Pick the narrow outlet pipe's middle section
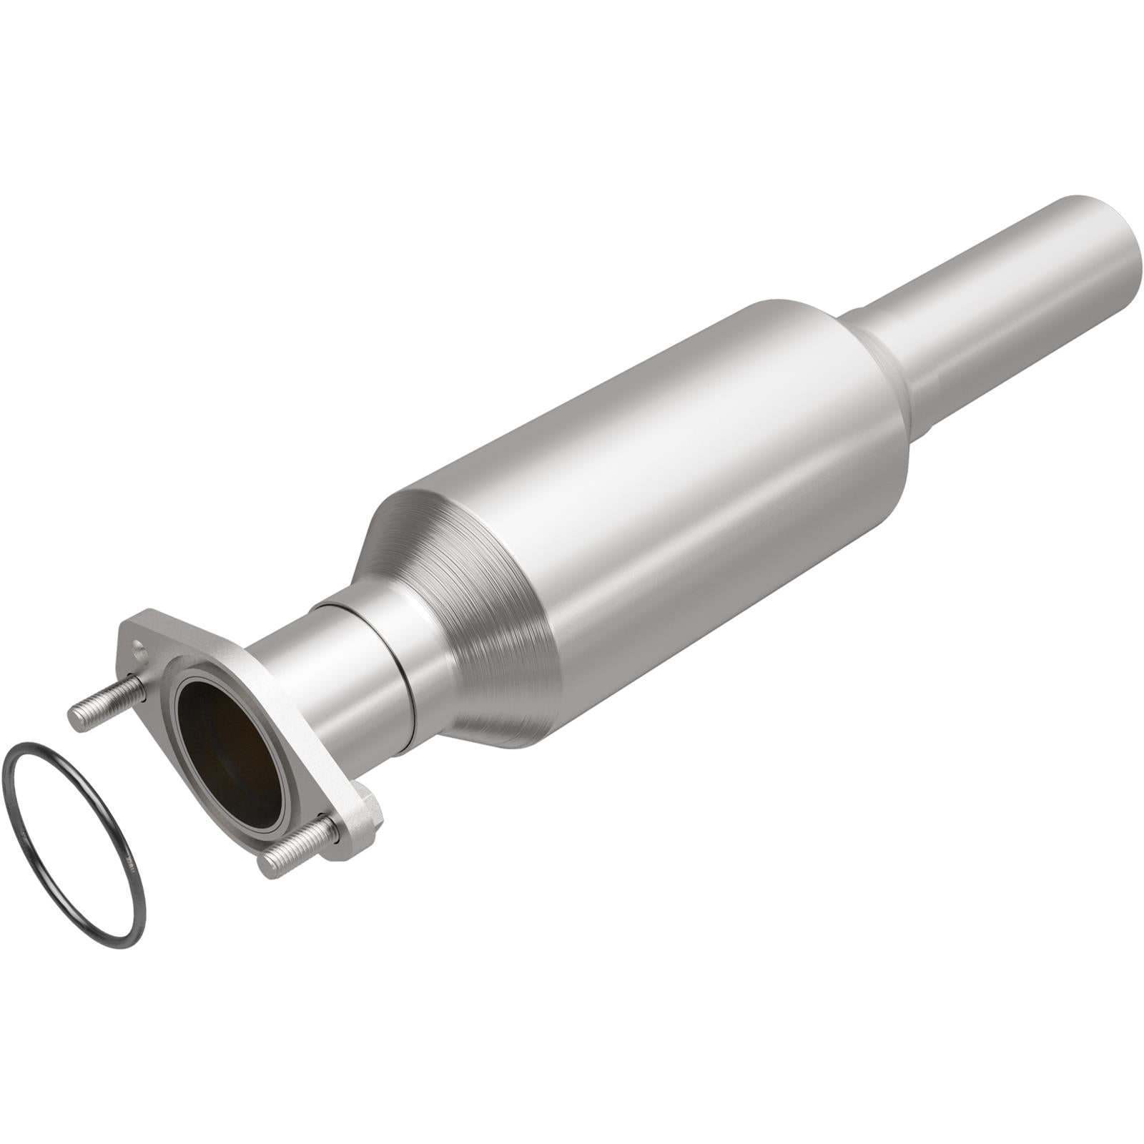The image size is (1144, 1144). point(1001,315)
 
